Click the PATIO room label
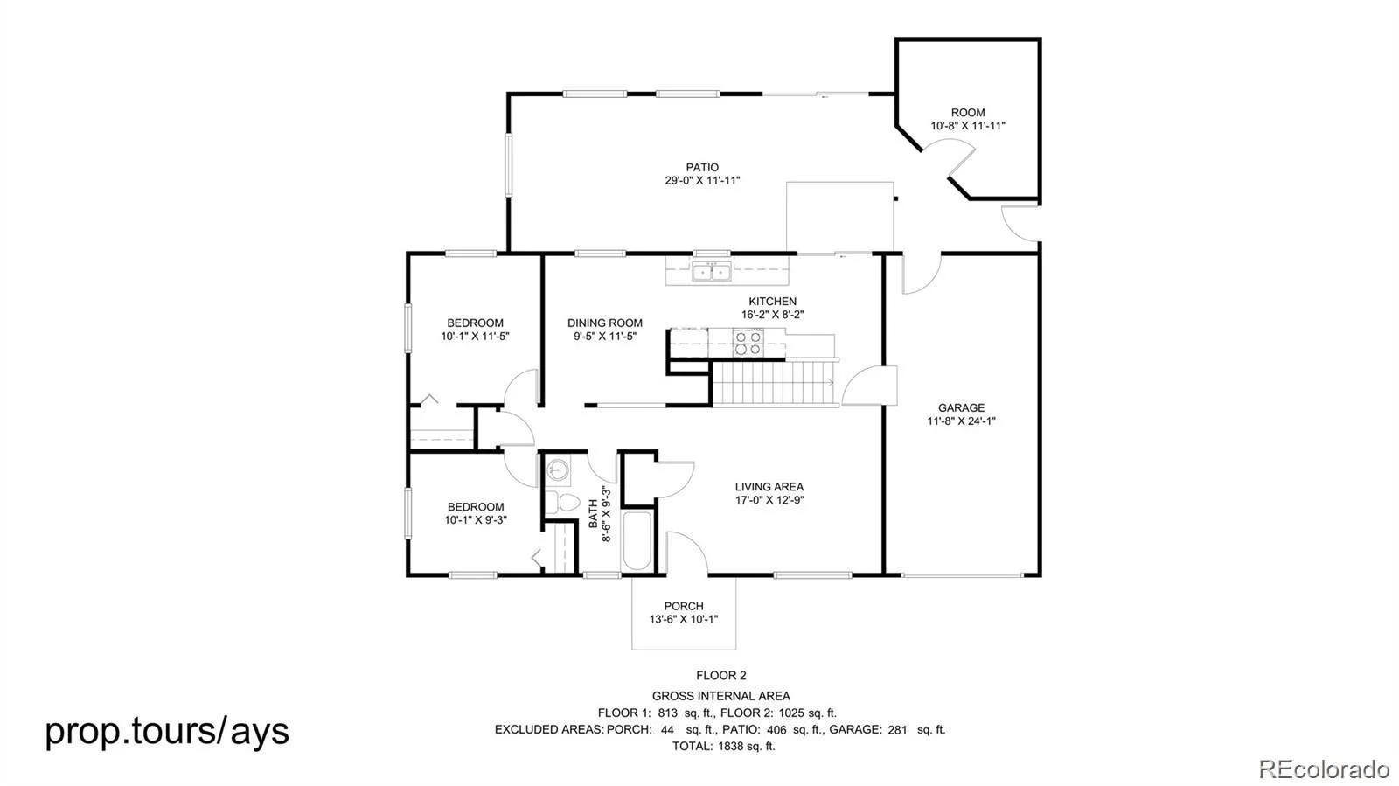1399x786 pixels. point(702,167)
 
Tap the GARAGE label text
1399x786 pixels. point(961,407)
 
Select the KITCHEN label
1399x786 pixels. point(773,302)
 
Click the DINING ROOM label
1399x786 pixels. point(604,323)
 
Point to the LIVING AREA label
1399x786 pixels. point(769,486)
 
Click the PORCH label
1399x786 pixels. point(683,606)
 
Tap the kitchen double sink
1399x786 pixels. point(711,273)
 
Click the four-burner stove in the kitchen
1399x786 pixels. point(748,343)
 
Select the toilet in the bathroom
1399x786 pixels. point(562,502)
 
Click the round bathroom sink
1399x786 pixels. point(558,469)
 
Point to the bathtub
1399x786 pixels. point(637,540)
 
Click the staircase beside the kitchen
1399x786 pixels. point(775,383)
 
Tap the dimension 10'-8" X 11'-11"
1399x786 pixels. point(967,126)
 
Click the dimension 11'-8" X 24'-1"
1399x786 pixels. point(961,421)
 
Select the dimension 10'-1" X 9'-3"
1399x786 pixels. point(476,520)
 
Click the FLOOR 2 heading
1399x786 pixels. point(720,676)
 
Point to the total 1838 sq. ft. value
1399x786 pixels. point(747,746)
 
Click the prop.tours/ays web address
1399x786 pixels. point(167,731)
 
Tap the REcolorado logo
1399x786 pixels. point(1323,768)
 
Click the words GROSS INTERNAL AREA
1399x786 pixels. point(720,696)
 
